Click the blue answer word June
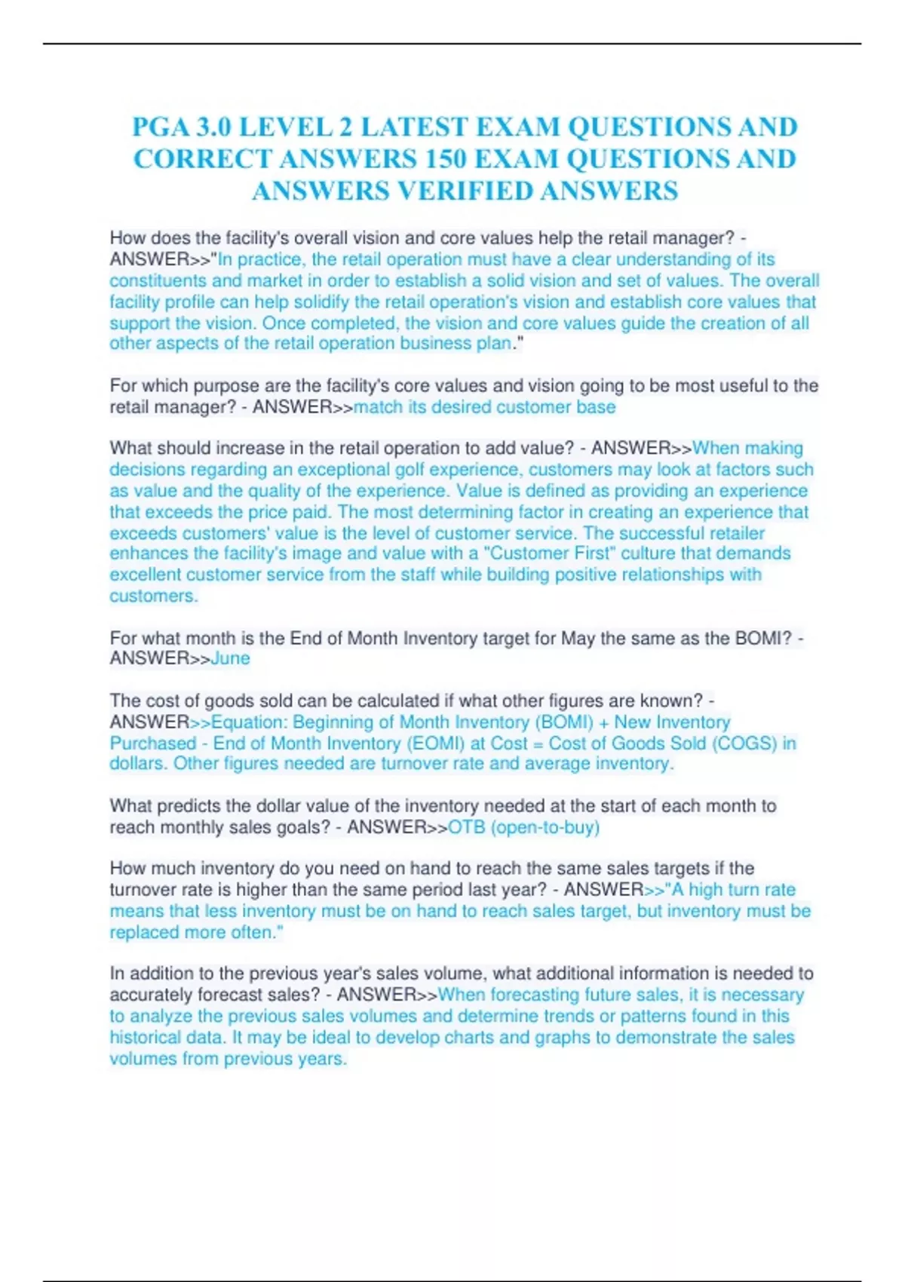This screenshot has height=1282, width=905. (x=230, y=658)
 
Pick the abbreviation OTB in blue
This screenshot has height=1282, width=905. (x=466, y=827)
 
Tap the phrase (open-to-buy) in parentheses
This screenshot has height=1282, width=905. (x=545, y=827)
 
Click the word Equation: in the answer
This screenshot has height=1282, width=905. (x=249, y=722)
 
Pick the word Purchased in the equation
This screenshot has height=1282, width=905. (x=152, y=743)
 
